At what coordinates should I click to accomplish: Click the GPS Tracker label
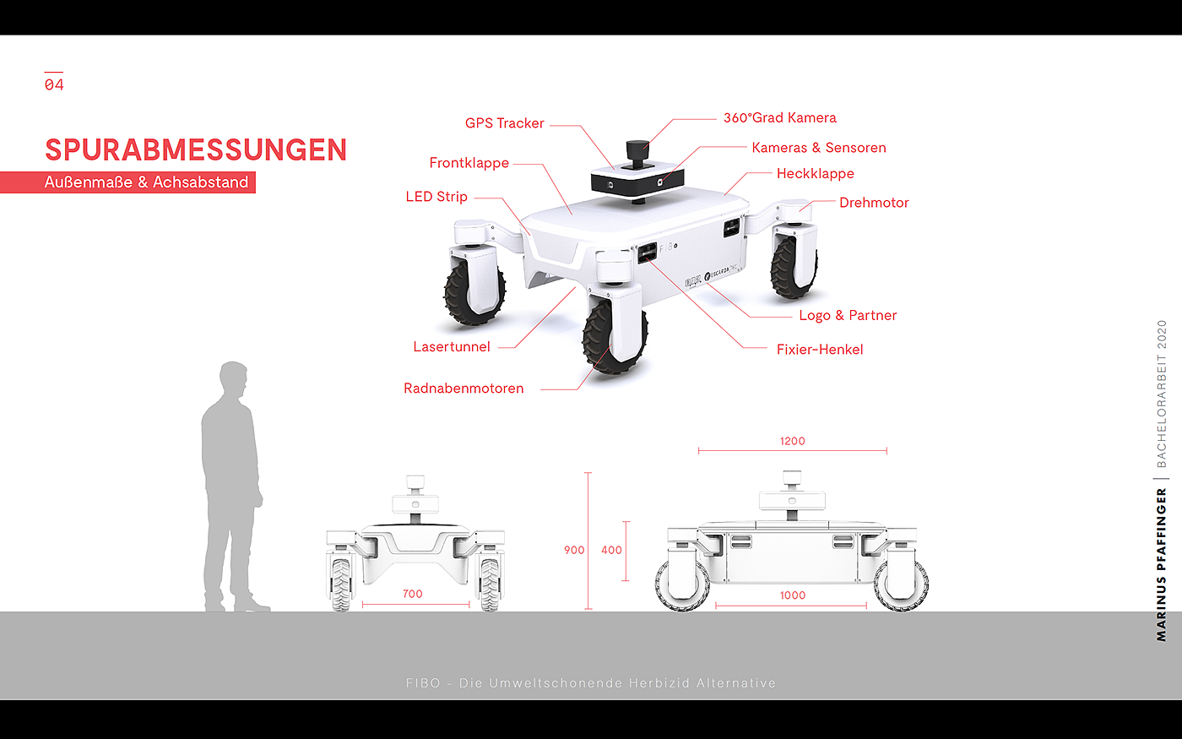point(504,123)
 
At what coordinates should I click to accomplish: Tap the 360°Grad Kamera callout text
point(779,117)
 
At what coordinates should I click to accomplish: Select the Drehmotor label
point(874,203)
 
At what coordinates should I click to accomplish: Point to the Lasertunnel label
point(452,347)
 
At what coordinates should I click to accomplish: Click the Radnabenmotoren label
point(464,389)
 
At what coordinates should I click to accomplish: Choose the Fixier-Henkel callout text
point(820,350)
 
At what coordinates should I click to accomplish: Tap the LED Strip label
point(436,197)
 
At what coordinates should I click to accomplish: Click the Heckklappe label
point(816,174)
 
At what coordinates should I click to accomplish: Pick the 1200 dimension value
point(793,441)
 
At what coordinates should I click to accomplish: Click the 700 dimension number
point(413,594)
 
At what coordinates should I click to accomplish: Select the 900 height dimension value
point(574,550)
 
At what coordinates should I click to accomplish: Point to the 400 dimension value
point(611,550)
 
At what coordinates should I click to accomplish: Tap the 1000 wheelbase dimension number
point(793,595)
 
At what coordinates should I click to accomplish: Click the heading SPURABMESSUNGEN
point(196,150)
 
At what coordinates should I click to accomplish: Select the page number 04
point(54,84)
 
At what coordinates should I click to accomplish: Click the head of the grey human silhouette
point(233,380)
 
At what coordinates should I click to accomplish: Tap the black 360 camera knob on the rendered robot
point(637,153)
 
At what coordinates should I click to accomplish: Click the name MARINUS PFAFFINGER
point(1161,565)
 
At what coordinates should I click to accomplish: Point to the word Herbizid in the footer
point(659,683)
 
